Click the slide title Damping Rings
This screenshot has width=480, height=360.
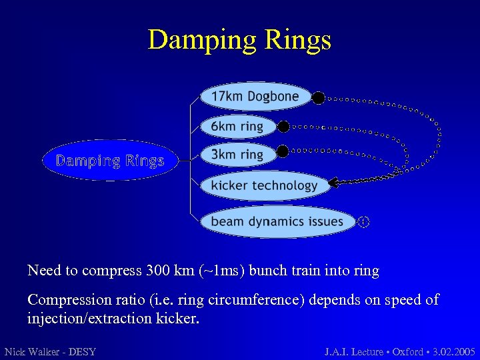coord(239,40)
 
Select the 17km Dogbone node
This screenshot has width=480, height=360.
coord(255,97)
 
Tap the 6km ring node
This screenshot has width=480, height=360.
coord(237,126)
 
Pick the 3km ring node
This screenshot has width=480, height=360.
coord(237,155)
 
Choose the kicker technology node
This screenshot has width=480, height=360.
coord(264,185)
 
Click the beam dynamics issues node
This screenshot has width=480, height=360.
coord(277,221)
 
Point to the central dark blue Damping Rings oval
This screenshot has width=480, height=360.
coord(110,161)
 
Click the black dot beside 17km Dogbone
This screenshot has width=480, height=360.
coord(319,98)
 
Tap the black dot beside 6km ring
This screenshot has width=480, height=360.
coord(283,126)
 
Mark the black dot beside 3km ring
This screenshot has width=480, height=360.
coord(283,151)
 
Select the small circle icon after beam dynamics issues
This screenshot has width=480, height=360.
coord(363,222)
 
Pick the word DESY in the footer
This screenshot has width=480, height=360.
coord(82,351)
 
